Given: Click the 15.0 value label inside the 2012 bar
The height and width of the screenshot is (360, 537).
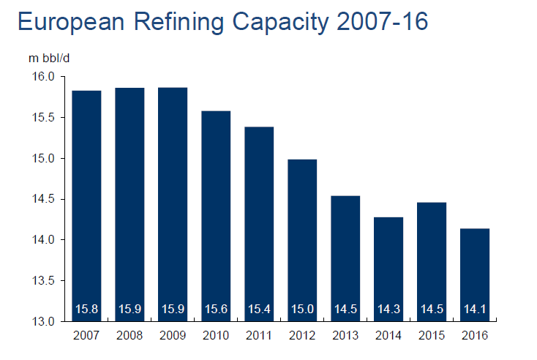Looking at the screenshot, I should pyautogui.click(x=302, y=310).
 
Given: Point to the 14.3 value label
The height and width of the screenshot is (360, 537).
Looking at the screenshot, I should pyautogui.click(x=388, y=310).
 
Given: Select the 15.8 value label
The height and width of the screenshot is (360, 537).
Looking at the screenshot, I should pyautogui.click(x=86, y=310).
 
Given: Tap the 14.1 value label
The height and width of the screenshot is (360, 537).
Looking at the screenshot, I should pyautogui.click(x=475, y=310).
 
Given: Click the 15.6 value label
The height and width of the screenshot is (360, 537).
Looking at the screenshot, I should pyautogui.click(x=216, y=310).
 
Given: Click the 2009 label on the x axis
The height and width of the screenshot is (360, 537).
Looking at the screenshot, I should pyautogui.click(x=173, y=336).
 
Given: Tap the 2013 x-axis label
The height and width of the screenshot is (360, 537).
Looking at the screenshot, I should pyautogui.click(x=345, y=336).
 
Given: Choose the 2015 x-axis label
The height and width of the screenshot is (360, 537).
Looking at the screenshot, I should pyautogui.click(x=432, y=336).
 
